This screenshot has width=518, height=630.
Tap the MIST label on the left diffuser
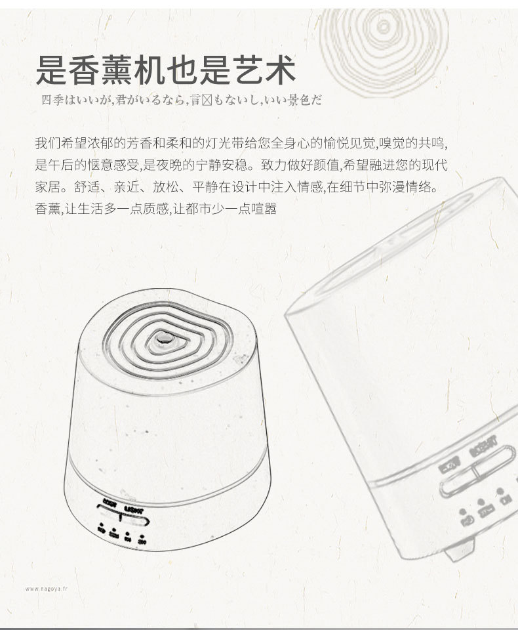tap(110, 503)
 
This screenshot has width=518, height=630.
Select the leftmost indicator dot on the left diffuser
tap(102, 524)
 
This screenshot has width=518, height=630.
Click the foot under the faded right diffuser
tap(460, 549)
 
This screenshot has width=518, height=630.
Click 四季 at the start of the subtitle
tap(50, 100)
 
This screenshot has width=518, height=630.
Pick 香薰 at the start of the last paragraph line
tap(46, 209)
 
